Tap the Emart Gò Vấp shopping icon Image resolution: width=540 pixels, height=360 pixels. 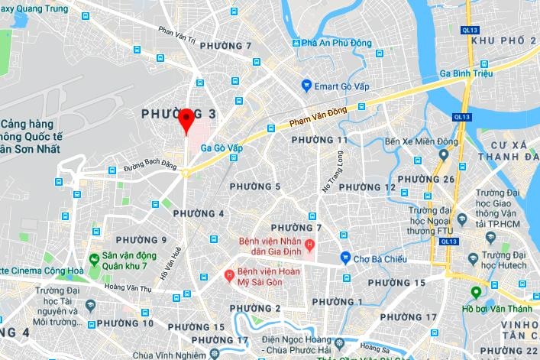306,86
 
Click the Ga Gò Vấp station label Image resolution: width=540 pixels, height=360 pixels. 221,148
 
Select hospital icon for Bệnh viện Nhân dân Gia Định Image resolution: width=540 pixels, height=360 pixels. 309,245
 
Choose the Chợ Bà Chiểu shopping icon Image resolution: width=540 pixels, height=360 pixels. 345,258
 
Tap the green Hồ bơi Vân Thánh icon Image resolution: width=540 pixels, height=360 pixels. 476,292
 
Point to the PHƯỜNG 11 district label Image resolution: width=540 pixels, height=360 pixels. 319,140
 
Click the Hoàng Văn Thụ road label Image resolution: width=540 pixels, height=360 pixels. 128,287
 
